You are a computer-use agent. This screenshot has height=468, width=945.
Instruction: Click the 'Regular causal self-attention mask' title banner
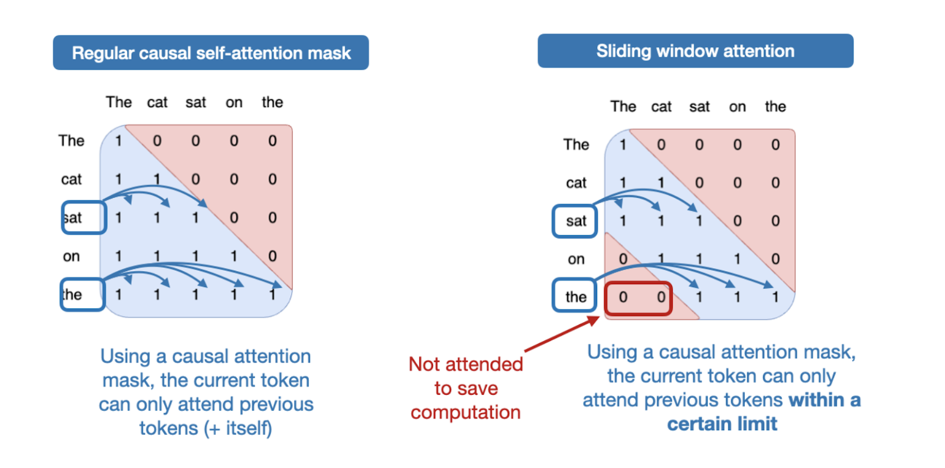pos(211,53)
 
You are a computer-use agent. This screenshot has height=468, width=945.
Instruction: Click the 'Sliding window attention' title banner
pos(695,51)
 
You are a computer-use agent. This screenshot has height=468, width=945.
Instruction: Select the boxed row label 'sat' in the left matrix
pos(83,217)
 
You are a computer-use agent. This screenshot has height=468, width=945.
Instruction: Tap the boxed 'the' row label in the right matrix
pos(575,296)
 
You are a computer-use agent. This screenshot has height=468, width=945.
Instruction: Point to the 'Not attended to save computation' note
pos(465,388)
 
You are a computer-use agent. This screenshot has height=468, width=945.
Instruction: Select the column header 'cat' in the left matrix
pos(157,103)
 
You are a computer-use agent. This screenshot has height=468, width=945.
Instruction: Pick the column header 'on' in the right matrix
pos(737,107)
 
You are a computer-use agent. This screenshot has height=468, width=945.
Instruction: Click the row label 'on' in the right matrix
pos(576,259)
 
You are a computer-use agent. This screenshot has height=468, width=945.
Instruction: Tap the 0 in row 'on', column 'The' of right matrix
pos(623,259)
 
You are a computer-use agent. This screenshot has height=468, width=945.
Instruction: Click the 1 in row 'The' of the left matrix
pos(118,141)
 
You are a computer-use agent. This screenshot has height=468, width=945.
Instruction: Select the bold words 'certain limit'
pos(722,424)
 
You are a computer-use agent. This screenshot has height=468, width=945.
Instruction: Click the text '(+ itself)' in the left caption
pos(238,428)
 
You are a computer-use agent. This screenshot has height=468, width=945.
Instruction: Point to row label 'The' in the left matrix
pos(71,141)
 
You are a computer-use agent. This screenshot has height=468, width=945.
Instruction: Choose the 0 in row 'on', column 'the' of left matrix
pos(272,256)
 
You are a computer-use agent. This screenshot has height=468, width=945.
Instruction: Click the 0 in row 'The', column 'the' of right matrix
pos(775,145)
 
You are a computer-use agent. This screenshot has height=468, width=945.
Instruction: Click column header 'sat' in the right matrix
pos(699,107)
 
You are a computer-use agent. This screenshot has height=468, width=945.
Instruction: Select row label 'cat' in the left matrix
pos(71,180)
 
